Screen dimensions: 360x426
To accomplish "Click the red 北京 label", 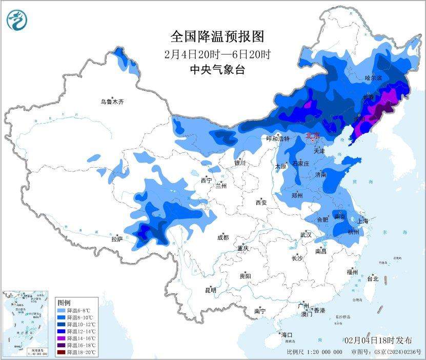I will pos(312,136).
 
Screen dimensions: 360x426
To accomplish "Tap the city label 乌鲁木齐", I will pos(112,102).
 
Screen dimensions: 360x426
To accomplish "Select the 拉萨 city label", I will pos(117,238).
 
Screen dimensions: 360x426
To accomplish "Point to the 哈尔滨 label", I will pos(374,78).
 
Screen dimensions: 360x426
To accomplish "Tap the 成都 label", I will pos(222,237).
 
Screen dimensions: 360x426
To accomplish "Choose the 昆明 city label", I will pos(211,290).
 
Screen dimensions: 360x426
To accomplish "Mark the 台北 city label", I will pos(372,279).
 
